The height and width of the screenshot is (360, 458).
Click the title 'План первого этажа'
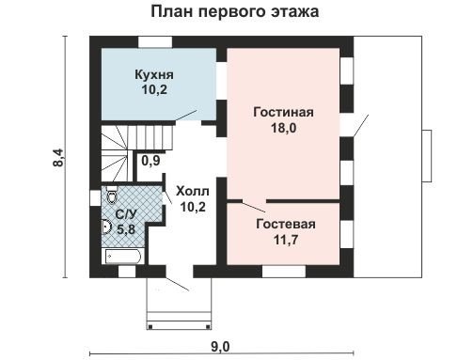tap(235, 11)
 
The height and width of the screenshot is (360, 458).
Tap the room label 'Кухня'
tap(154, 74)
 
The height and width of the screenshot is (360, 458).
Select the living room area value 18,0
tap(284, 128)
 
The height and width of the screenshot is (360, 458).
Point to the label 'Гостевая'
tap(286, 224)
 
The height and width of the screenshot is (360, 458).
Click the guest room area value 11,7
tap(286, 240)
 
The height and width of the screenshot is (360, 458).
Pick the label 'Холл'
tap(193, 191)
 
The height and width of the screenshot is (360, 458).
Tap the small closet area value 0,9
tap(150, 161)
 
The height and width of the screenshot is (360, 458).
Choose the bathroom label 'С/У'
tap(126, 214)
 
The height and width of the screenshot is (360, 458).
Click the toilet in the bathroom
tap(111, 196)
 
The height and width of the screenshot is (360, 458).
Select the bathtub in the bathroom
tap(123, 257)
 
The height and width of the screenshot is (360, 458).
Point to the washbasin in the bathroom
tap(106, 227)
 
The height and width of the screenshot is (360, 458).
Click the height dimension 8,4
tap(58, 158)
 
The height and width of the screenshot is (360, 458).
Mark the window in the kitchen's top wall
tap(155, 42)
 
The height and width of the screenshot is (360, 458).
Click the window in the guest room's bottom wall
tap(284, 272)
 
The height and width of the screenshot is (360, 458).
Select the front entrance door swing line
tap(178, 284)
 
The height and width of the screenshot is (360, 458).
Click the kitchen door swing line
tap(186, 116)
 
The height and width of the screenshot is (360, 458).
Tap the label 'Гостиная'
tap(283, 112)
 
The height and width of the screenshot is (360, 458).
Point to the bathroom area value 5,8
tap(126, 229)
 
